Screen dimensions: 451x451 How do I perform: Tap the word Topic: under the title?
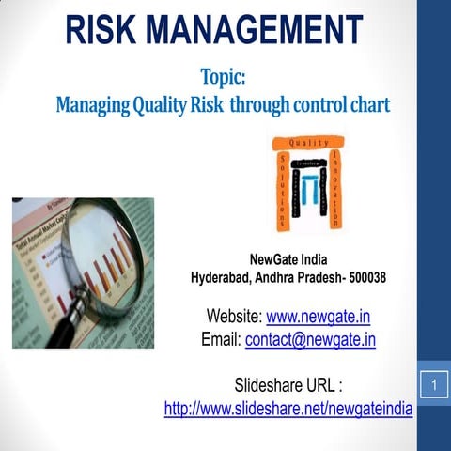[223, 74]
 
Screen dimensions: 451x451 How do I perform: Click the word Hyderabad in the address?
[225, 278]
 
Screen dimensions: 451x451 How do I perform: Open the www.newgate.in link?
[318, 316]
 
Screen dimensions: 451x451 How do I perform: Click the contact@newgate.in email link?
[310, 339]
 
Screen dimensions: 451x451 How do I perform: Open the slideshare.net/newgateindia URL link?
[288, 409]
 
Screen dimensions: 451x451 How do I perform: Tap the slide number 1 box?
[434, 385]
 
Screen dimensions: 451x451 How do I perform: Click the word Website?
[234, 316]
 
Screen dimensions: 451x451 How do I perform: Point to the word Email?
[221, 339]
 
